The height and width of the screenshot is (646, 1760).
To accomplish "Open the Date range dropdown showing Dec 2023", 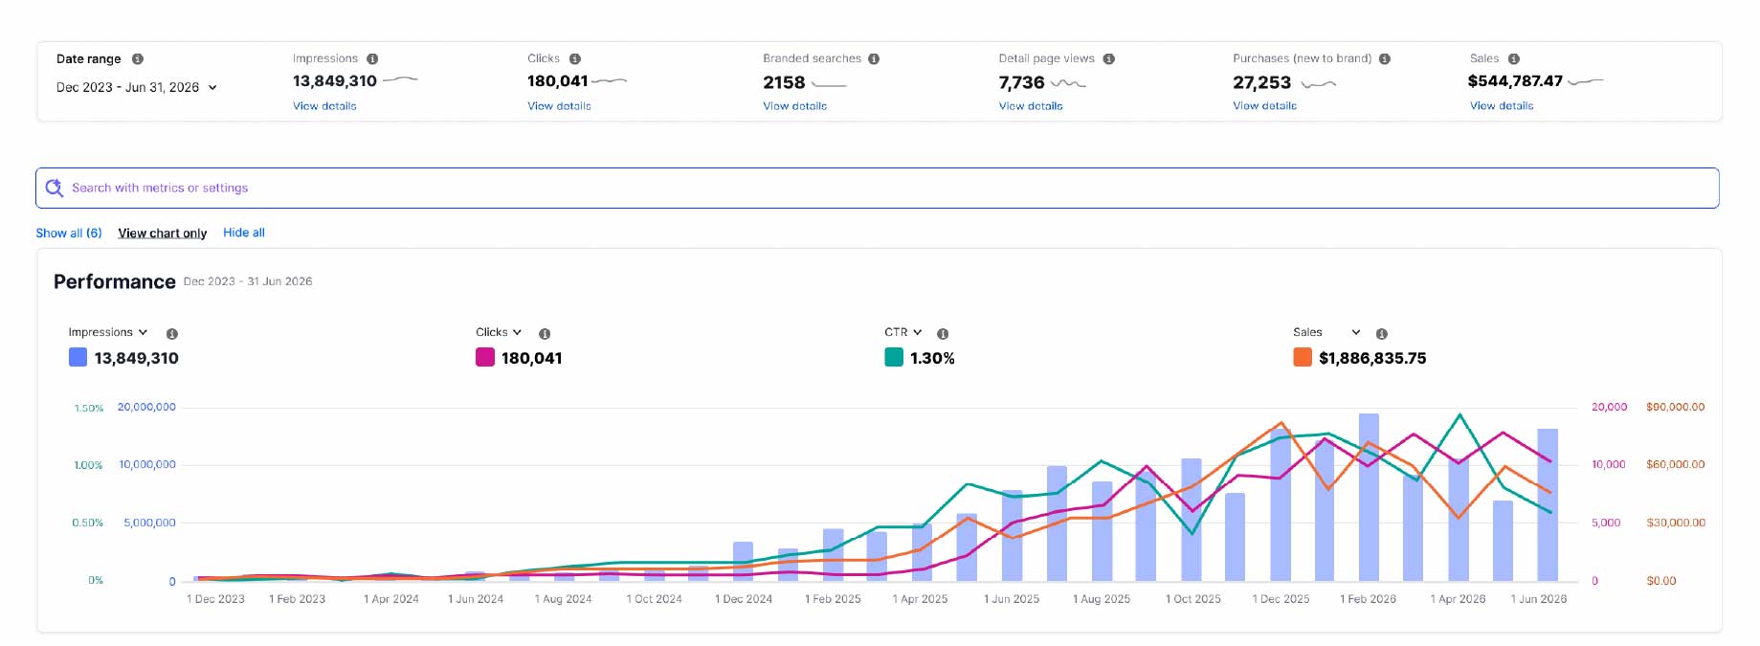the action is [137, 87].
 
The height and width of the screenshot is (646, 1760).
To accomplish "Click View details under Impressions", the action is [324, 106].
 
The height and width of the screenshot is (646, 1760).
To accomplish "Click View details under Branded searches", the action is [794, 106].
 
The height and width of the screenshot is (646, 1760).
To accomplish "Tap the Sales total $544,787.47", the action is [1515, 81].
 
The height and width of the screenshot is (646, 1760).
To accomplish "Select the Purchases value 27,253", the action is [1261, 83].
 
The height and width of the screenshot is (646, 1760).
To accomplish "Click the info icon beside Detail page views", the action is [1108, 59].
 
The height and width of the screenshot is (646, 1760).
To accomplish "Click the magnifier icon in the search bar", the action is [55, 188].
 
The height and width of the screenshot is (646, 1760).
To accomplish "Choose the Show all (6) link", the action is [69, 233].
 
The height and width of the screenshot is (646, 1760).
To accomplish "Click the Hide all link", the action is [244, 233].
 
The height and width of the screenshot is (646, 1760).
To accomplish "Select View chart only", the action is [163, 234].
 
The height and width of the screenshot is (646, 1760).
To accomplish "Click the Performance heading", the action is [115, 281].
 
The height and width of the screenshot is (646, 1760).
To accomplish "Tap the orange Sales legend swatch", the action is [1303, 358].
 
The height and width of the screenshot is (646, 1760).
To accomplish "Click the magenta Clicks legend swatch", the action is [485, 358].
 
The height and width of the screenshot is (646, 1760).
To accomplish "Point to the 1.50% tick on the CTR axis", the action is [89, 409].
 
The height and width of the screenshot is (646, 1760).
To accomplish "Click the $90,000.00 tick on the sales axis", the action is [1676, 407].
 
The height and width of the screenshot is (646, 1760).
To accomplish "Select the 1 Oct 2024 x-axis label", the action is [655, 599].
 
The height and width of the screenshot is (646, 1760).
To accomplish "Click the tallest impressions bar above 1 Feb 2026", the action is [1369, 498].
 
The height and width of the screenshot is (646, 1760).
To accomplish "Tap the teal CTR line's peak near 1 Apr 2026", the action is [1459, 414].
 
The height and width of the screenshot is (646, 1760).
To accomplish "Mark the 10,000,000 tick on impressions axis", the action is [147, 464].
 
